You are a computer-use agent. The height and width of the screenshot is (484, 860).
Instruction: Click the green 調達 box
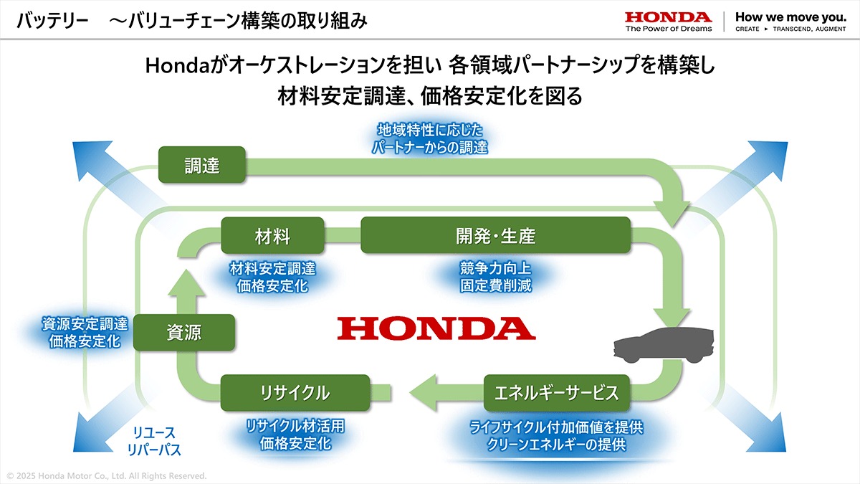201,166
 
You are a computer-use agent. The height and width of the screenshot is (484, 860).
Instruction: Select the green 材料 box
272,235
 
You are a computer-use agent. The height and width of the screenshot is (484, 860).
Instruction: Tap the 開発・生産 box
495,235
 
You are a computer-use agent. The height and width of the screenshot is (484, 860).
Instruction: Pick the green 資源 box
184,332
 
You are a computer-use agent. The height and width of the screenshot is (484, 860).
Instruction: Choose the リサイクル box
295,392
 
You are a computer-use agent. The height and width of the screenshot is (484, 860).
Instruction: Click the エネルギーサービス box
556,392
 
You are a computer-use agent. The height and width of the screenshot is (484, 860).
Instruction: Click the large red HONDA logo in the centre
436,328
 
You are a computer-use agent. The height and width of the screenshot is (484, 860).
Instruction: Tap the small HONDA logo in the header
668,17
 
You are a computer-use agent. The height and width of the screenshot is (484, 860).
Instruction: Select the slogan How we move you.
790,16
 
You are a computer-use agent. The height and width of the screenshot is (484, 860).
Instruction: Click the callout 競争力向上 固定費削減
495,277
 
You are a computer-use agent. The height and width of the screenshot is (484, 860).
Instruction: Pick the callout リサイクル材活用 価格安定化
295,435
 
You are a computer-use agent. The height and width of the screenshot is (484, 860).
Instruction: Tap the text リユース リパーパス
153,442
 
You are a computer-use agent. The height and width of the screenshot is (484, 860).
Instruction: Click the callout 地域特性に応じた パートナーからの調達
430,139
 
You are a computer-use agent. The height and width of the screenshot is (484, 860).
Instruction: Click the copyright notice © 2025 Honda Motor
106,475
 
